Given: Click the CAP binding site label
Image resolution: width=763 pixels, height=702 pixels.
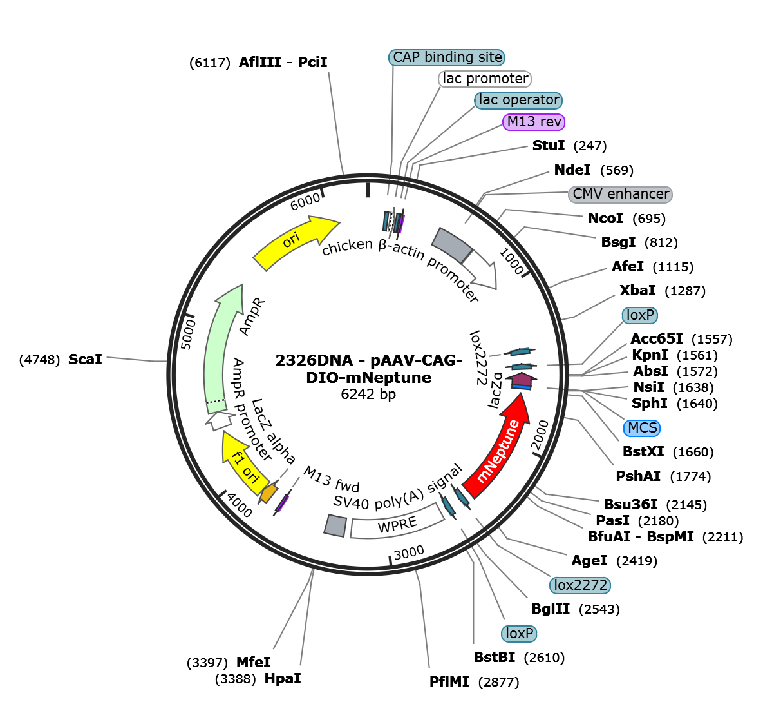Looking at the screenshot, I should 447,57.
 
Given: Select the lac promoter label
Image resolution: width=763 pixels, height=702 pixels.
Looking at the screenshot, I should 485,79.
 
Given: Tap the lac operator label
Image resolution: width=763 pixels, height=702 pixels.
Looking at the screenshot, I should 518,100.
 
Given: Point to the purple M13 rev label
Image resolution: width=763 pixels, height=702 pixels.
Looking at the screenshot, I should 534,122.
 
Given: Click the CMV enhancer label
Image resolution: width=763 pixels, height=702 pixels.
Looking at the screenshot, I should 621,194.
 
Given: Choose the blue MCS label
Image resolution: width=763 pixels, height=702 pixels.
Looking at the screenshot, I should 642,428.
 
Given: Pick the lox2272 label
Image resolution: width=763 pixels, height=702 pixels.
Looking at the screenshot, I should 579,585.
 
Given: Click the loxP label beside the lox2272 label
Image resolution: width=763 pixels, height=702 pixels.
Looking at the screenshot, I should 519,634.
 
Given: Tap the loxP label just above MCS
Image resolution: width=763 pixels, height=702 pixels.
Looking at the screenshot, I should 640,315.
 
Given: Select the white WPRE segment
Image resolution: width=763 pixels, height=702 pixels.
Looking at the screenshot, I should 397,525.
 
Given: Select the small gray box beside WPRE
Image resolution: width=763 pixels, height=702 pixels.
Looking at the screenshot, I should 336,525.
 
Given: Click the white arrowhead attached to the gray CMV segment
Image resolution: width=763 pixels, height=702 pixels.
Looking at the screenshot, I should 481,269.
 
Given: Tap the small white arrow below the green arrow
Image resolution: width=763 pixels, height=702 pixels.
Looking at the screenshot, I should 220,421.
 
